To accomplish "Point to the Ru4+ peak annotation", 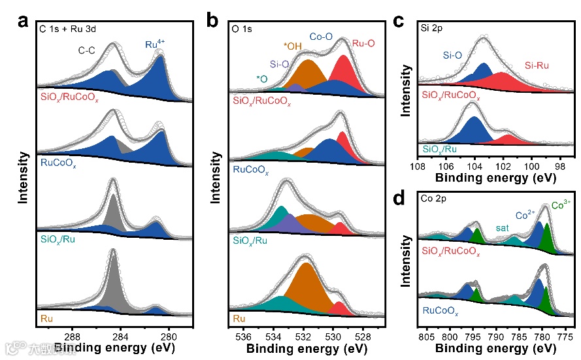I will pos(156,44).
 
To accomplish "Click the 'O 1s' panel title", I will pos(244,28).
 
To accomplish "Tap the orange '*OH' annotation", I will pos(293,46).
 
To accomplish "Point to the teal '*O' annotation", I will pos(261,79).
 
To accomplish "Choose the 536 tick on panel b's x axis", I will pos(244,337).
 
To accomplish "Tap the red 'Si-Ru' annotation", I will pos(539,66).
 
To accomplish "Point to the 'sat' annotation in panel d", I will pos(502,228).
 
